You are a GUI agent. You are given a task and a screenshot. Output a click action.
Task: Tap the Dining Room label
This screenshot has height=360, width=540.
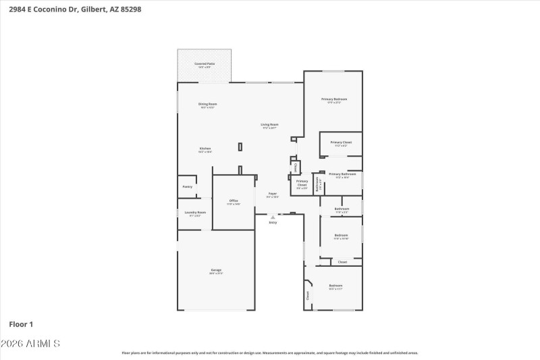[x=207, y=104]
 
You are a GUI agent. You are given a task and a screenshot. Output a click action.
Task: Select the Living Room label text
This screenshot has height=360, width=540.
[x=270, y=124]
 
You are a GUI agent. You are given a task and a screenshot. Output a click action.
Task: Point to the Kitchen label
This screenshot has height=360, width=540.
[x=205, y=149]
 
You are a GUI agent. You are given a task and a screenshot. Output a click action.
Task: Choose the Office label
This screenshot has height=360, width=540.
[x=234, y=201]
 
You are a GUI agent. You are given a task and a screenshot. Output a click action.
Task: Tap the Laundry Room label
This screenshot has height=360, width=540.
[x=195, y=212]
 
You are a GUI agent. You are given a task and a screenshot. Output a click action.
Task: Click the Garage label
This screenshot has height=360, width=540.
[x=215, y=270]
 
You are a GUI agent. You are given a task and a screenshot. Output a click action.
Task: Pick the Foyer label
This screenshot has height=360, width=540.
[x=273, y=194]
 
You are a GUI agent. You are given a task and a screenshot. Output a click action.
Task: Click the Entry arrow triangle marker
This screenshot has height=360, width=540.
[x=273, y=217]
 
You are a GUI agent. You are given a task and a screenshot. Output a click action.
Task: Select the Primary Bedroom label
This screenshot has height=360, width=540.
[x=334, y=99]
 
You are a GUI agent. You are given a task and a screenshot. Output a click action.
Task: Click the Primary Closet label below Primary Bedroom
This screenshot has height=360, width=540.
[x=341, y=143]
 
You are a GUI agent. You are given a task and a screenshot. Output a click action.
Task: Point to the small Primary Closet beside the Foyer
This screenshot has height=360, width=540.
[x=302, y=182]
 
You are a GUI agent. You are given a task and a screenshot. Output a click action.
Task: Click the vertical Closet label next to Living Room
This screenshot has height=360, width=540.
[x=295, y=166]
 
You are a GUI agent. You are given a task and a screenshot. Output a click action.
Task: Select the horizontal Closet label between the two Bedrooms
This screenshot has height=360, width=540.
[x=342, y=261]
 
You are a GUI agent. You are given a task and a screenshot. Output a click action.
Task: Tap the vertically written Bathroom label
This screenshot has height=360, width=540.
[x=317, y=184]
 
